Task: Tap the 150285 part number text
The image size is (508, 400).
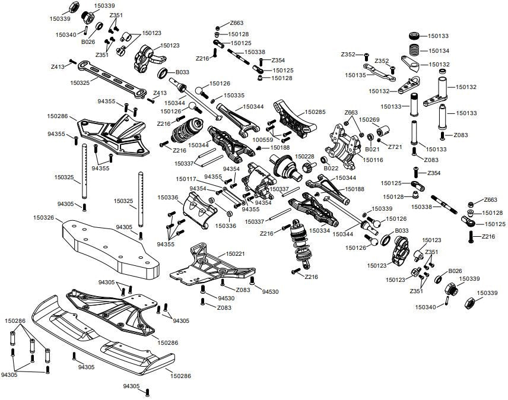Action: click(316, 111)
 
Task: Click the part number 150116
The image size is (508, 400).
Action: click(373, 160)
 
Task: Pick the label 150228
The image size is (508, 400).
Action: click(304, 156)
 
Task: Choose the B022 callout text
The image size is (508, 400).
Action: click(331, 168)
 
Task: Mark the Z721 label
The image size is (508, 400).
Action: click(395, 146)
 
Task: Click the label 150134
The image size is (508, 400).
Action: click(439, 51)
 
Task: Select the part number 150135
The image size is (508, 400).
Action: click(355, 75)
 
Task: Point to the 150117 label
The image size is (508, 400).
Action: click(186, 179)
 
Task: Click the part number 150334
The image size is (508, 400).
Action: click(319, 230)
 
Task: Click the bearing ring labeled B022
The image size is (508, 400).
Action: click(324, 160)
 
